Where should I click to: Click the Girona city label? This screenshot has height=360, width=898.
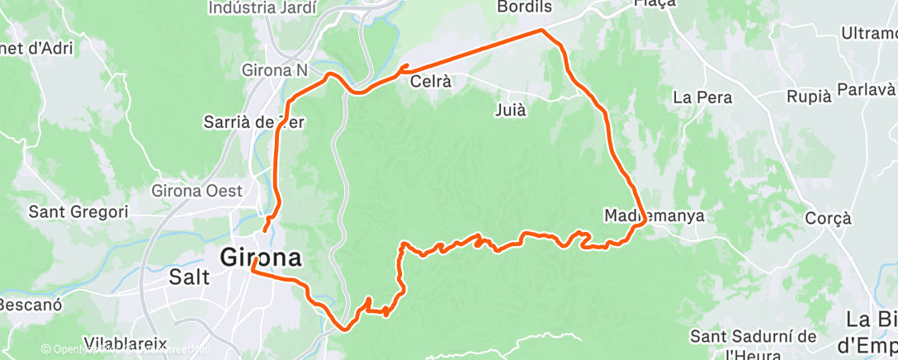260,258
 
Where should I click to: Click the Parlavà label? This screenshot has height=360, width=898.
867,88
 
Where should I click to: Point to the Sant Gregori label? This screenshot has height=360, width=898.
78,212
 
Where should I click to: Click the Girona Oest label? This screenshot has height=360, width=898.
196,191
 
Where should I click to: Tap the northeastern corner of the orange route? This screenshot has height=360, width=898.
542,31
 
